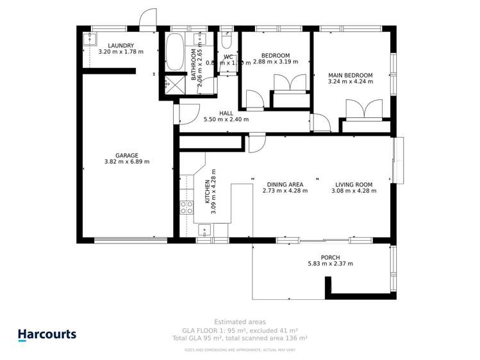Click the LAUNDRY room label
[120, 45]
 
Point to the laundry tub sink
[88, 38]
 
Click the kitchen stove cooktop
[186, 207]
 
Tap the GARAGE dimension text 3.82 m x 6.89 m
[127, 162]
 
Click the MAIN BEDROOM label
[350, 75]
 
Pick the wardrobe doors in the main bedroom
[363, 110]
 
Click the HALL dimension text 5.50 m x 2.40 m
[226, 120]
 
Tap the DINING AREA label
[283, 184]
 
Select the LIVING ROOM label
[353, 184]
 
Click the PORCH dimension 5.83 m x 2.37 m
[331, 263]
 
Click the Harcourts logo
[47, 334]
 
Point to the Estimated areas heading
[240, 322]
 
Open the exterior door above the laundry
[148, 19]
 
